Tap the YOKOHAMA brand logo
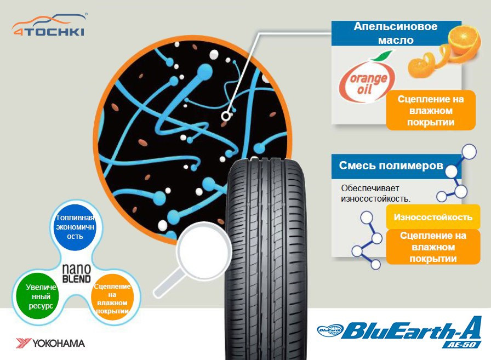pyautogui.click(x=50, y=343)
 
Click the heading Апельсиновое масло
pyautogui.click(x=387, y=33)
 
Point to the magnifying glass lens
pyautogui.click(x=203, y=247)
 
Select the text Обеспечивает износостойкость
pyautogui.click(x=375, y=193)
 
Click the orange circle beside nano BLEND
pyautogui.click(x=112, y=296)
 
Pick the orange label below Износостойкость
pyautogui.click(x=433, y=247)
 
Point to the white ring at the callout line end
pyautogui.click(x=225, y=116)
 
